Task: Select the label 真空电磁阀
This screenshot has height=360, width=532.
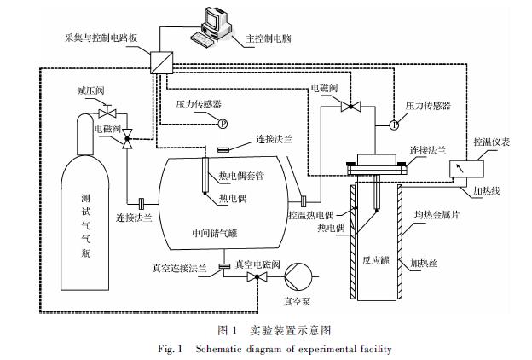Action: coord(256,264)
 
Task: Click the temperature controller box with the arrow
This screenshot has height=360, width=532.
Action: coord(466,167)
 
